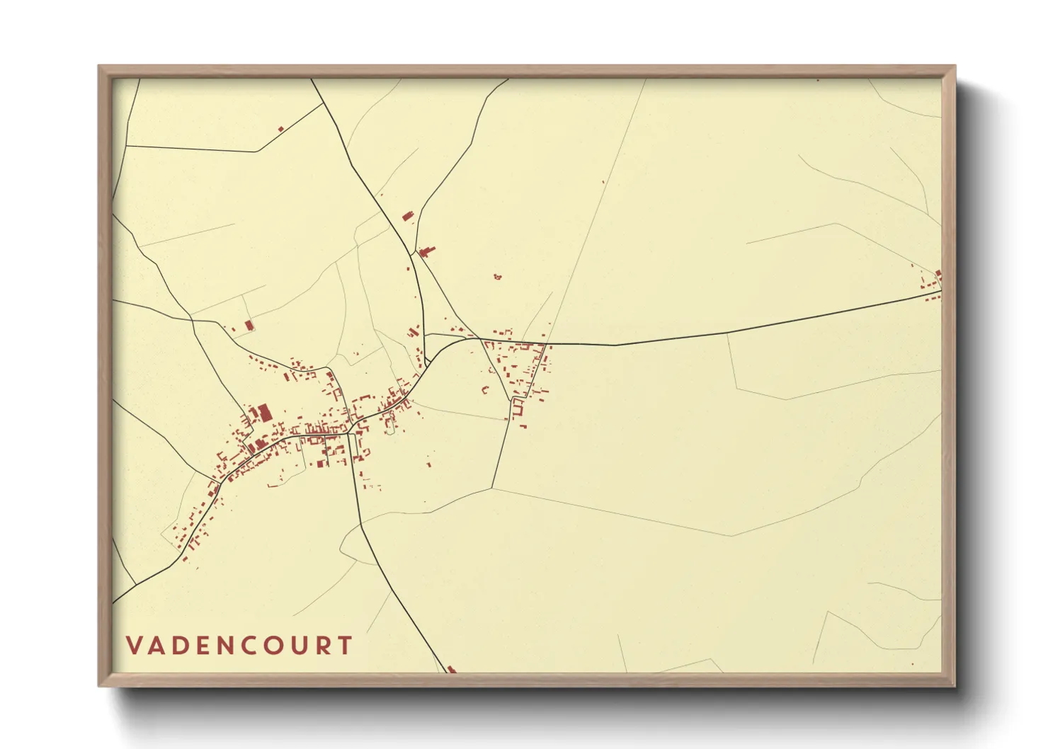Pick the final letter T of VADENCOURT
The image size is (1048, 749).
tap(345, 646)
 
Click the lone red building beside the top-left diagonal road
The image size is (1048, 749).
tap(281, 129)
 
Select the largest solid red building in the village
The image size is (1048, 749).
tap(264, 412)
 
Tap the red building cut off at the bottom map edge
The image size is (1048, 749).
tap(451, 669)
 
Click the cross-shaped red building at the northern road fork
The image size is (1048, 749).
tap(426, 251)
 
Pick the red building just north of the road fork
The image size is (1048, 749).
tap(407, 217)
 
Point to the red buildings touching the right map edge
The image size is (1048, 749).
tap(937, 277)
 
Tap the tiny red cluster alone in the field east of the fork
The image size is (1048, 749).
tap(497, 276)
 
